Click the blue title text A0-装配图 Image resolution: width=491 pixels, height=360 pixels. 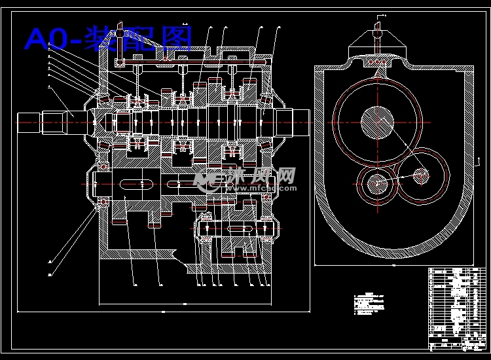pyautogui.click(x=108, y=39)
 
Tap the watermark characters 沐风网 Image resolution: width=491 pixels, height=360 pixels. pyautogui.click(x=262, y=175)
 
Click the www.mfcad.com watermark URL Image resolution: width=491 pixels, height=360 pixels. pyautogui.click(x=262, y=188)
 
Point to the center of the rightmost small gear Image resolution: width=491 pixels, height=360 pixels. pyautogui.click(x=422, y=175)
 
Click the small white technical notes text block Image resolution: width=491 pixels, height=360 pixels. pyautogui.click(x=370, y=302)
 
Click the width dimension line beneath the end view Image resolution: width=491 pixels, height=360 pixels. pyautogui.click(x=393, y=267)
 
